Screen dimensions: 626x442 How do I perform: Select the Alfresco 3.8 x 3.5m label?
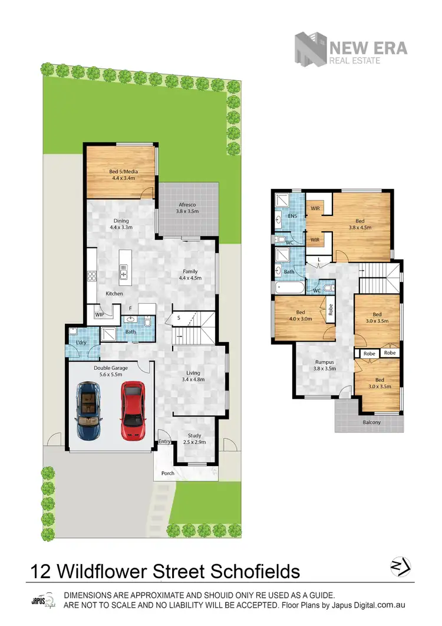pos(187,208)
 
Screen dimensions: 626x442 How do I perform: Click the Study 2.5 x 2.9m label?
pos(194,439)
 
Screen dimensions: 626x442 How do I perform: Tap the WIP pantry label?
pos(99,315)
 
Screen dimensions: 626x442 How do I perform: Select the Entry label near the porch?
pos(164,442)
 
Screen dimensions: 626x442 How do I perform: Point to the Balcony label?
pos(371,422)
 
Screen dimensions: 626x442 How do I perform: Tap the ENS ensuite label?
pos(292,216)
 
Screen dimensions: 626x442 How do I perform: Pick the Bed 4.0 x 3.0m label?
pos(300,315)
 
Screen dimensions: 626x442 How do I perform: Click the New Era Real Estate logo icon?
pos(310,48)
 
